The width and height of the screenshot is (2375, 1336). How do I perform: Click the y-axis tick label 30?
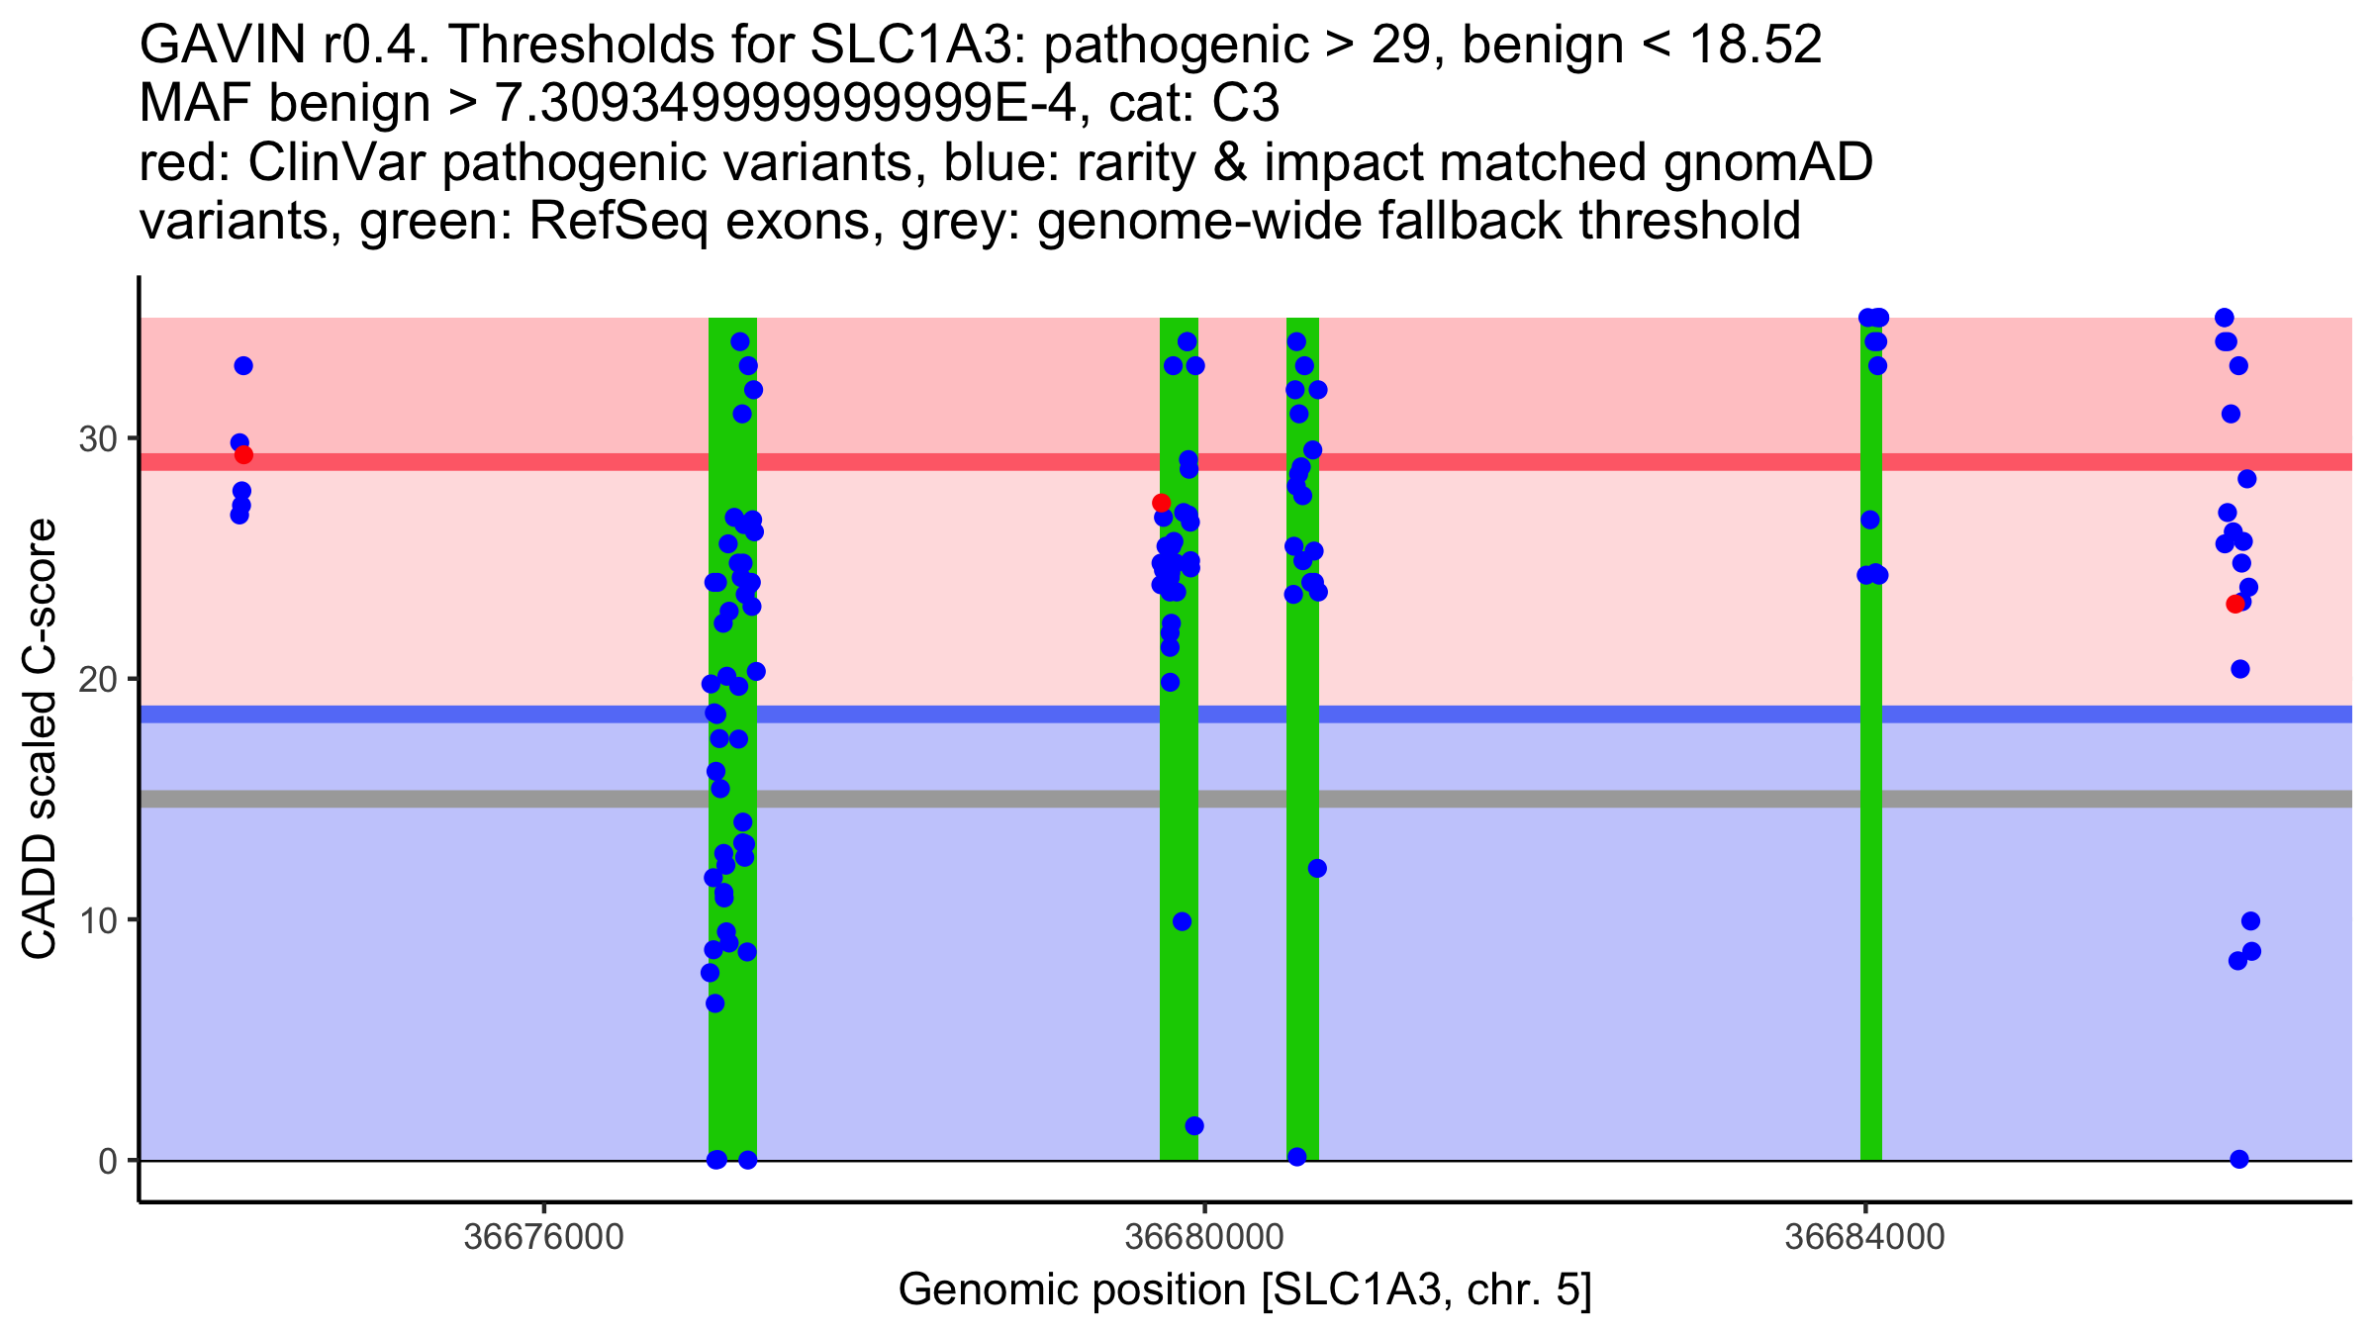(x=97, y=438)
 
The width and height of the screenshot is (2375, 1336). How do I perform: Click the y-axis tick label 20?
(x=97, y=679)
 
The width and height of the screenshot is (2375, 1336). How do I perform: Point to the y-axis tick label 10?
(x=97, y=920)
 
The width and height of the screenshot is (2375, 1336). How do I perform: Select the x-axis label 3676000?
(x=543, y=1237)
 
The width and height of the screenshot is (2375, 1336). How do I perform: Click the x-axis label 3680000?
(x=1204, y=1237)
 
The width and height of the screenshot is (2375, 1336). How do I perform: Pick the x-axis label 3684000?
(x=1865, y=1237)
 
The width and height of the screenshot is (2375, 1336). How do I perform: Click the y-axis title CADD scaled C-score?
(x=40, y=739)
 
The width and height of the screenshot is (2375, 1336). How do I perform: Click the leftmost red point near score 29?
(x=243, y=455)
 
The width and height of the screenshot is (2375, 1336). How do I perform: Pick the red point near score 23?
(x=2234, y=604)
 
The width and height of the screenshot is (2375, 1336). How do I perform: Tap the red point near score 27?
(x=1161, y=503)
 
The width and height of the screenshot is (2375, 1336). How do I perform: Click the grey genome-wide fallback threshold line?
(x=990, y=799)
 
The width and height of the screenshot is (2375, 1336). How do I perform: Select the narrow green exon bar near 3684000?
(x=1870, y=792)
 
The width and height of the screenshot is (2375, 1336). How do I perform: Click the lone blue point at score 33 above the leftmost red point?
(x=243, y=366)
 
